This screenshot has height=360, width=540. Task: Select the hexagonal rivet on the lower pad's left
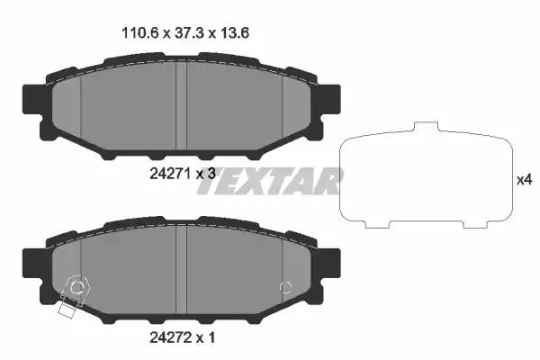(77, 287)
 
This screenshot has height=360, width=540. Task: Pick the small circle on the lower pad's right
(286, 287)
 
